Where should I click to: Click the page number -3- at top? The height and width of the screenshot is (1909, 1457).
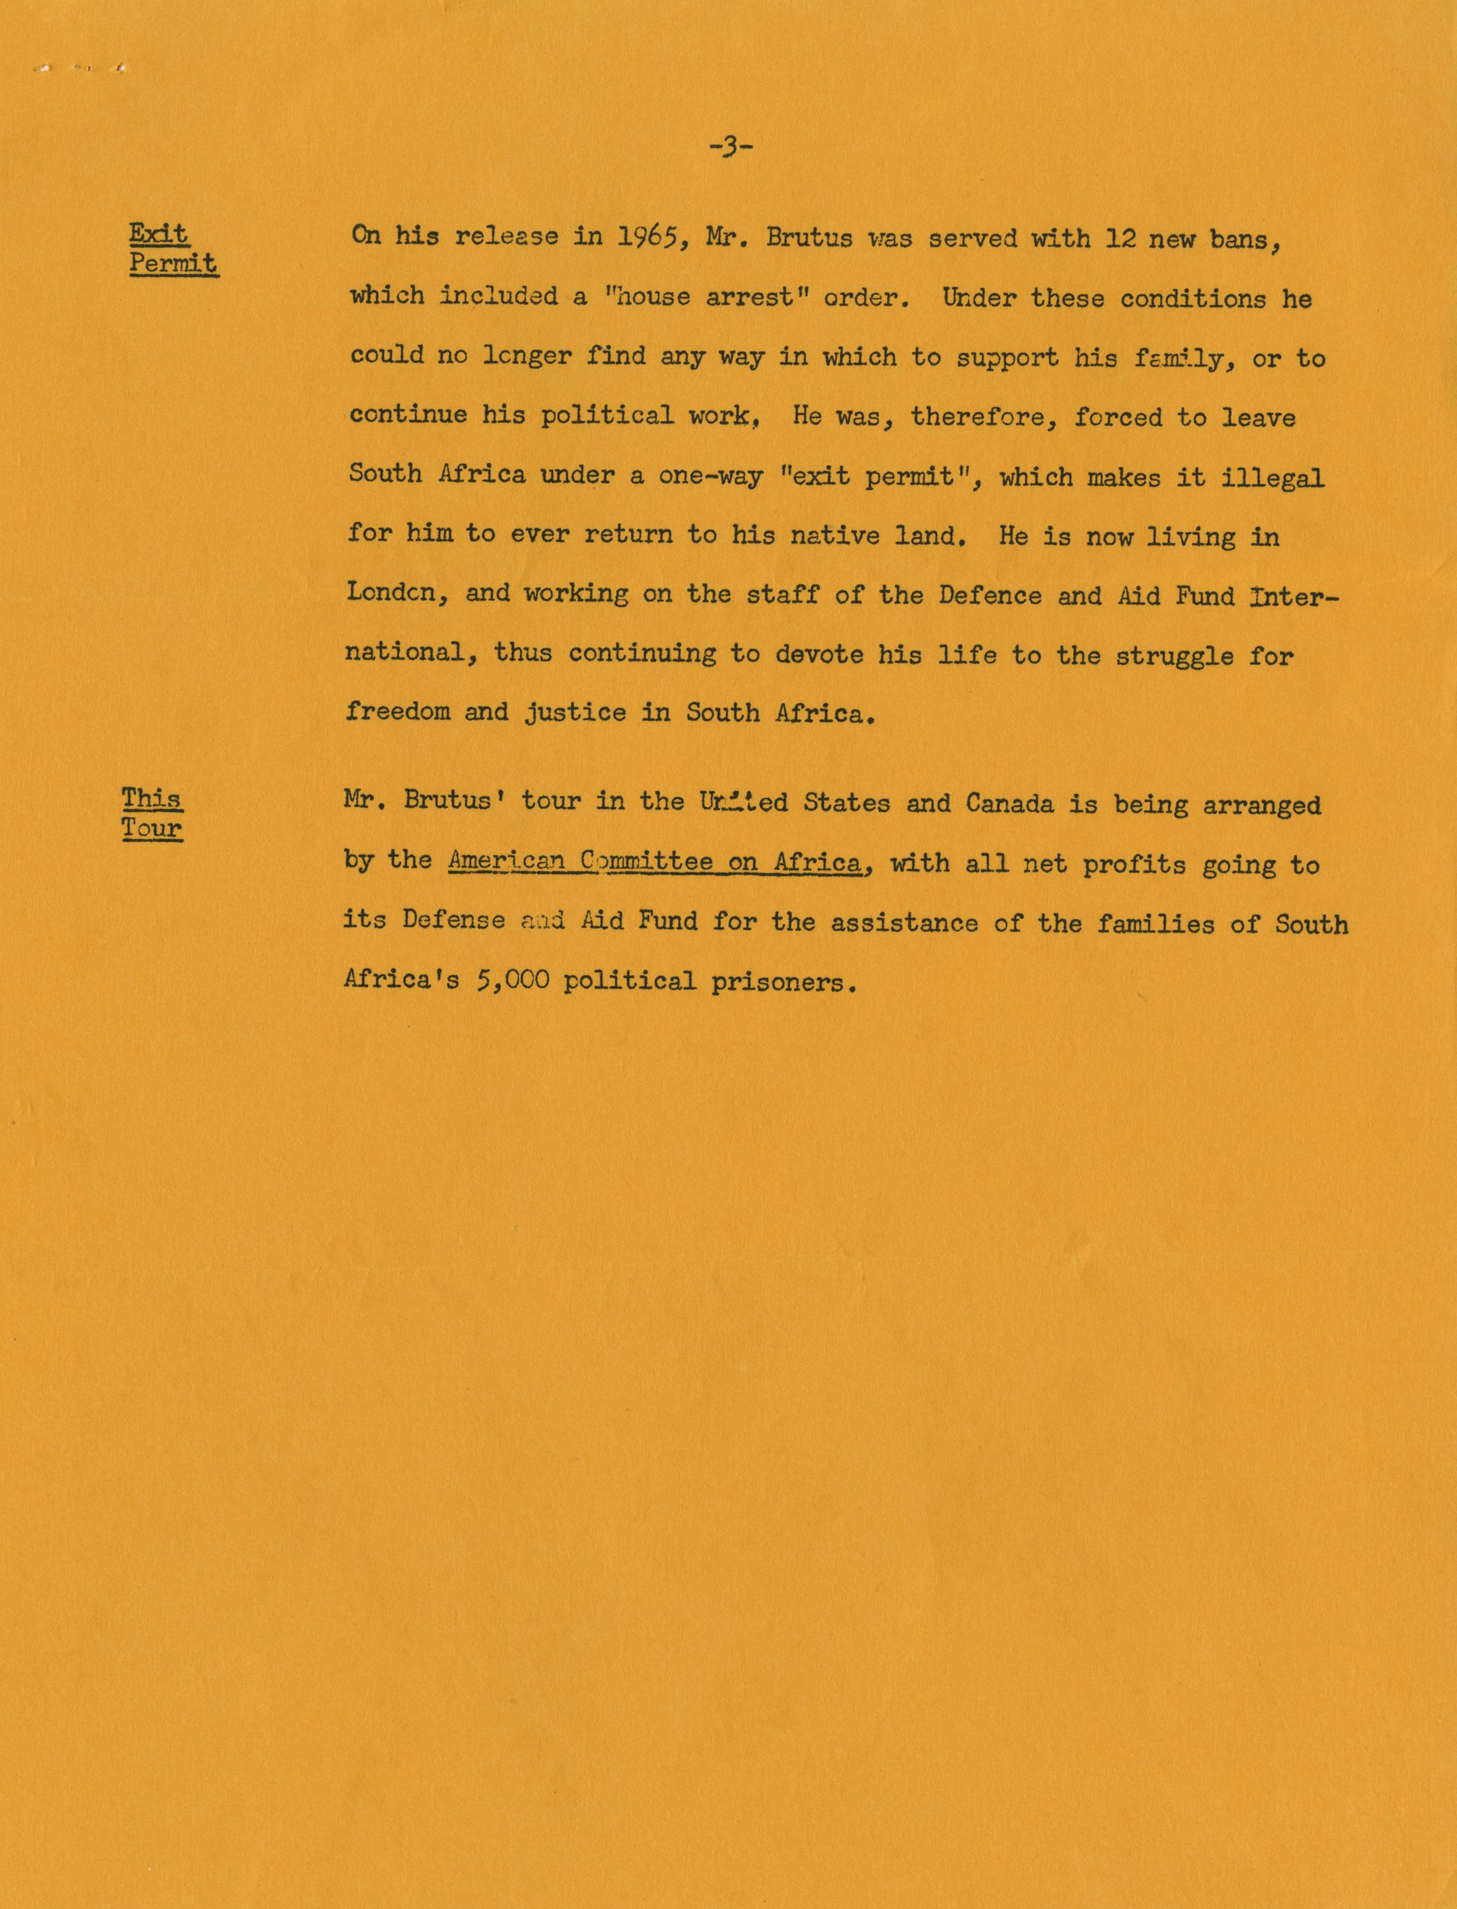pos(730,147)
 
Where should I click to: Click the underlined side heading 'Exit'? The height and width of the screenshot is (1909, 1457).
pos(158,234)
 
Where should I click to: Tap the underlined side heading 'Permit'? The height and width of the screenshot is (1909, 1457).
pos(173,264)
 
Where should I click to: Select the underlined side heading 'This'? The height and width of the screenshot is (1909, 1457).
pos(152,798)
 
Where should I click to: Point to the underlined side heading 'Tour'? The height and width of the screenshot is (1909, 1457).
pos(152,829)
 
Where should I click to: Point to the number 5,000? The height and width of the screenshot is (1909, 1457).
pos(511,981)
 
